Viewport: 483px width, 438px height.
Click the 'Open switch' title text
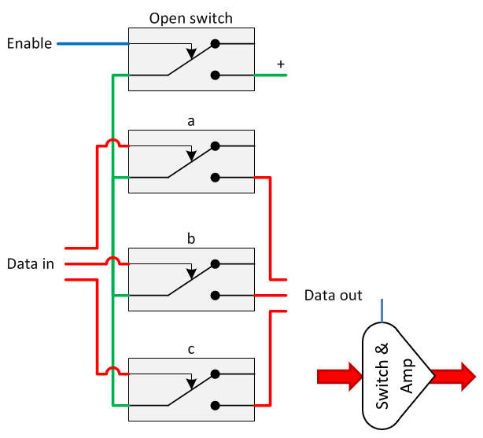(190, 17)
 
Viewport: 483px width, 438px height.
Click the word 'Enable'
(29, 43)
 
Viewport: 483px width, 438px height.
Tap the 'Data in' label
(30, 263)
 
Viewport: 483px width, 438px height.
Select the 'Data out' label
(334, 296)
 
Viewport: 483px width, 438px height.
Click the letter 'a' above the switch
(190, 122)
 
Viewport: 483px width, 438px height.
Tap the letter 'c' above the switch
(190, 348)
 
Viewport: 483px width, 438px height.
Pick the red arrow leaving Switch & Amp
(454, 376)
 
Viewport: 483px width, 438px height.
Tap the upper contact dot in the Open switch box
(215, 45)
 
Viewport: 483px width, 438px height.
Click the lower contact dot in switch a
(215, 178)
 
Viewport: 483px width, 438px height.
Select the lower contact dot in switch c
(215, 406)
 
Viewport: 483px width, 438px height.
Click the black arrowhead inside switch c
(190, 385)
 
